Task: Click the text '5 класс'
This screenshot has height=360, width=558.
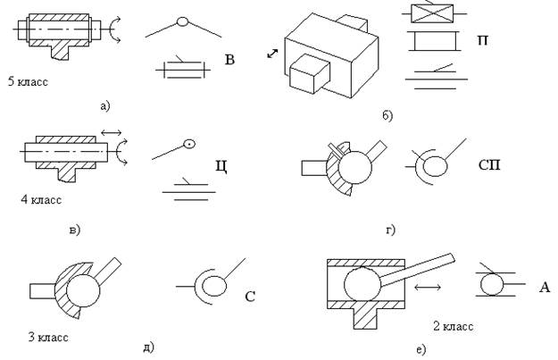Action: point(28,82)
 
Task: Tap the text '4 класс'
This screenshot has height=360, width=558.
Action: point(41,199)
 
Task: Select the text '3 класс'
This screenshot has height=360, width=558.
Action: point(48,337)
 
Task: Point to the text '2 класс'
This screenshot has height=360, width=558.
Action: point(453,326)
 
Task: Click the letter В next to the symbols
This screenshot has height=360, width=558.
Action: point(229,60)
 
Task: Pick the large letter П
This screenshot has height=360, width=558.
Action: point(482,40)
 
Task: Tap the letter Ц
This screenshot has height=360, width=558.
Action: point(221,166)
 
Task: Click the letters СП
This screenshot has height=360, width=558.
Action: point(489,165)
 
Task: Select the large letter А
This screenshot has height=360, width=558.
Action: point(544,287)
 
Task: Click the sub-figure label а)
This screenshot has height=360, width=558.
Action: point(105,105)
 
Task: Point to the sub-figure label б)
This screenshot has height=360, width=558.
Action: point(387,115)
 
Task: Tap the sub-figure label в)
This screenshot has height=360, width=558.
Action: point(74,230)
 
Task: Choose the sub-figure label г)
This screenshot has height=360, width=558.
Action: point(391,230)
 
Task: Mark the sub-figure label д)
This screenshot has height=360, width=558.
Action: point(149,347)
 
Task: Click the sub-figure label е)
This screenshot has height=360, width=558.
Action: point(421,349)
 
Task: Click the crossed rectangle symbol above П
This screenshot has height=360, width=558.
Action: point(432,13)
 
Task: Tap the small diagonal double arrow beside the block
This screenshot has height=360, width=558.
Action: point(272,54)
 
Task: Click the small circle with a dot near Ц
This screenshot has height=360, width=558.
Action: point(189,144)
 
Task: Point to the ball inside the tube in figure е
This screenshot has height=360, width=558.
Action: point(362,284)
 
